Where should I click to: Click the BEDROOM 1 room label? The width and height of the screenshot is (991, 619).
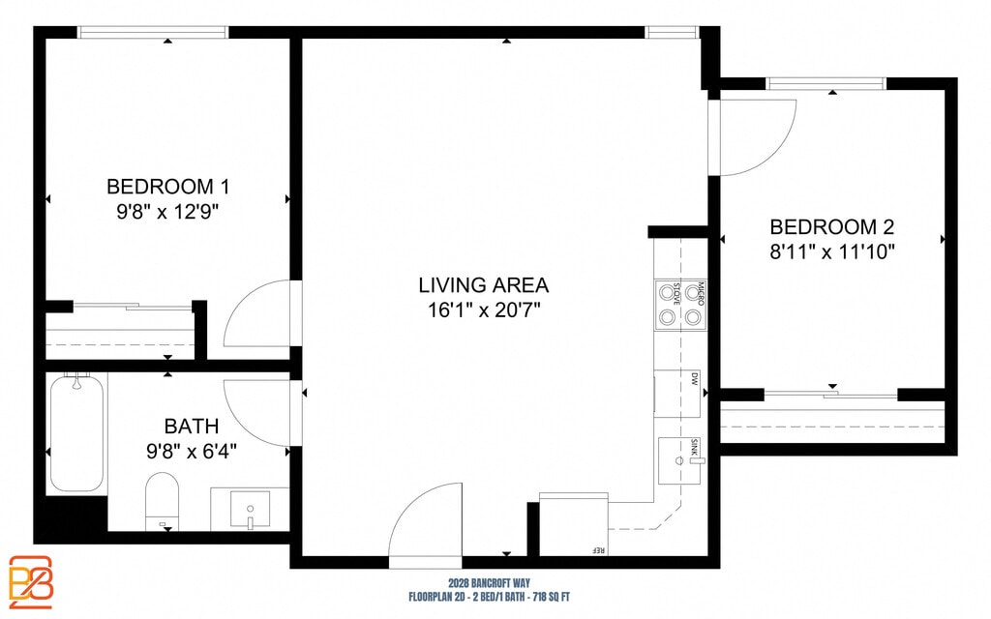(167, 187)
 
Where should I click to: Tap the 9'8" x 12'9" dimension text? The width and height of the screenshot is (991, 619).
(167, 212)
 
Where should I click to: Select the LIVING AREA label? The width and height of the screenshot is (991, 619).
(484, 285)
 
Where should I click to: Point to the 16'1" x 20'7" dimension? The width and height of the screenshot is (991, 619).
(484, 310)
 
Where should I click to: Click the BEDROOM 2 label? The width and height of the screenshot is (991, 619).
(831, 226)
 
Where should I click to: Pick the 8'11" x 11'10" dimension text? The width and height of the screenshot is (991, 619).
(832, 252)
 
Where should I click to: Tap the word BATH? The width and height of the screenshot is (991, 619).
(192, 427)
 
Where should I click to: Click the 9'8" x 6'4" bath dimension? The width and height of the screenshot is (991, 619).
(192, 451)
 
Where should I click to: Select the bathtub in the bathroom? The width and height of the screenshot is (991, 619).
(76, 434)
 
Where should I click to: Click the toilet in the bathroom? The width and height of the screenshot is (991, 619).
(162, 502)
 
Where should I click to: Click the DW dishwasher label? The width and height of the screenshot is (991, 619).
(695, 379)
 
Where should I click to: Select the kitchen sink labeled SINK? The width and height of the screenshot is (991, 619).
(680, 460)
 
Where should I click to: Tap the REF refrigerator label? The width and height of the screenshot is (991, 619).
(598, 550)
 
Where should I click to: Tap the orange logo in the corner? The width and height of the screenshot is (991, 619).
(31, 582)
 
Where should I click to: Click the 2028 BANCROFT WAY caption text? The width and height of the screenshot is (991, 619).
(489, 583)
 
